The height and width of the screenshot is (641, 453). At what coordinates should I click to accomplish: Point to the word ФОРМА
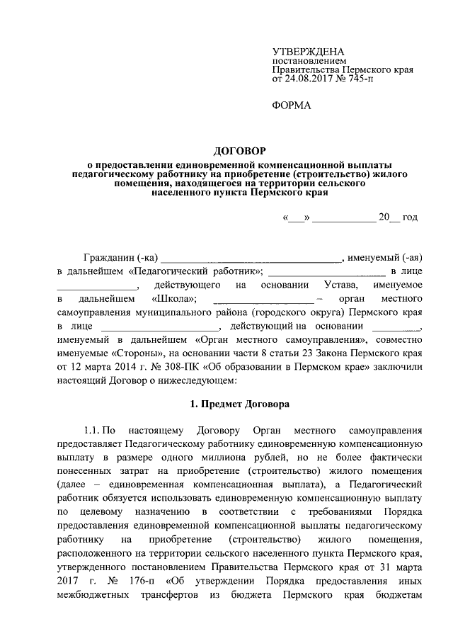pos(292,106)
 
